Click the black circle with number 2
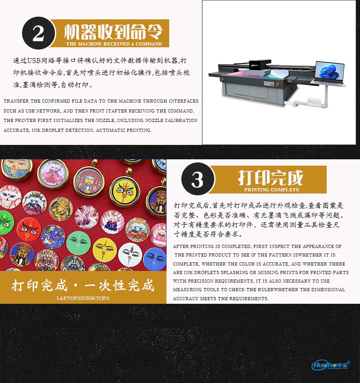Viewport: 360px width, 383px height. tap(38, 33)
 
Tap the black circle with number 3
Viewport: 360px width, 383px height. tap(198, 179)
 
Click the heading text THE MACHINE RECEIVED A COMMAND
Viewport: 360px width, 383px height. tap(114, 44)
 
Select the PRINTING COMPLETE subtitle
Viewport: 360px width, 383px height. tap(272, 189)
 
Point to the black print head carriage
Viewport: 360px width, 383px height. tap(259, 67)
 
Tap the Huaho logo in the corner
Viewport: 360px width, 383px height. tap(330, 365)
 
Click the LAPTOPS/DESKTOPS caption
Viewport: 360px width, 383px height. tap(83, 298)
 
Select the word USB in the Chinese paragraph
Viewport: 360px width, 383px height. tap(34, 61)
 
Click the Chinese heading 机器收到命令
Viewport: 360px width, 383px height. tap(113, 32)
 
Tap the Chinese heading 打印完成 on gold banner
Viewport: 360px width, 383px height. tap(270, 178)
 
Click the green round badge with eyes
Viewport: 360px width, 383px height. tap(78, 243)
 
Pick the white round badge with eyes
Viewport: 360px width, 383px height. tap(130, 255)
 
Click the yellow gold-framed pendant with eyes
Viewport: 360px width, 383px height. tap(125, 191)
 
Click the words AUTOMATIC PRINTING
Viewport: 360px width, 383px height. tap(124, 130)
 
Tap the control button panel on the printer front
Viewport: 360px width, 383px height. tap(269, 84)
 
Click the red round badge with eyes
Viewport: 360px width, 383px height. tap(29, 230)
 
